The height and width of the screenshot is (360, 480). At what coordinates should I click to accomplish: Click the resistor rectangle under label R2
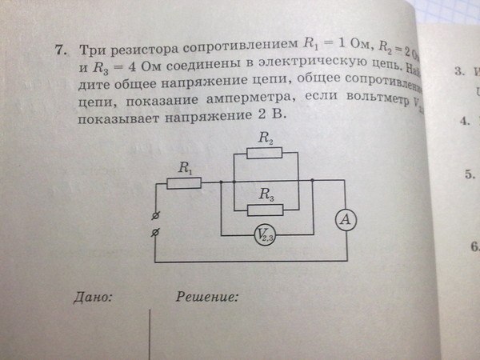point(265,153)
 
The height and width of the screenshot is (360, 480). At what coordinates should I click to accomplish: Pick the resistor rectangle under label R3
point(266,210)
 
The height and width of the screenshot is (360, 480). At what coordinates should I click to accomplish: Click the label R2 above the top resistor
point(266,138)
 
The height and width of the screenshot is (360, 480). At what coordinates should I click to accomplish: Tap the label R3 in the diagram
point(265,194)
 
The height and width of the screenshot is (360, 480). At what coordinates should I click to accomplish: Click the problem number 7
point(60,50)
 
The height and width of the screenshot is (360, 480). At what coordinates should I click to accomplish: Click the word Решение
point(207,297)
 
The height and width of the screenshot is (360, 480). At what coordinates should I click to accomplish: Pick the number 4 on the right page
point(463,122)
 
